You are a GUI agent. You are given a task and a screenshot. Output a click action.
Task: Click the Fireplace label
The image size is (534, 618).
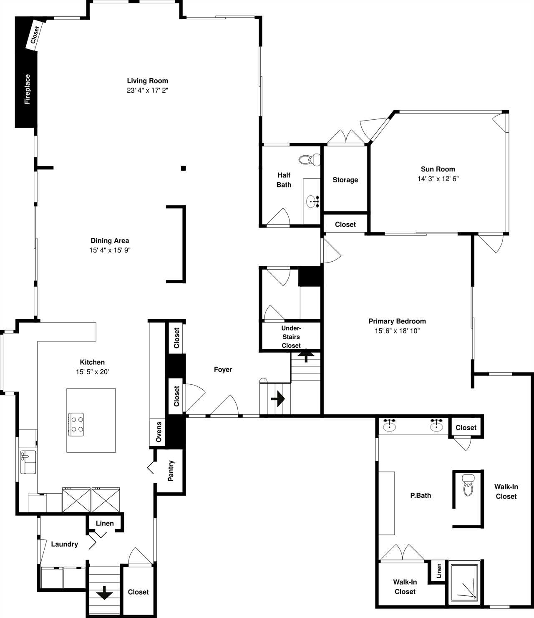pyautogui.click(x=27, y=89)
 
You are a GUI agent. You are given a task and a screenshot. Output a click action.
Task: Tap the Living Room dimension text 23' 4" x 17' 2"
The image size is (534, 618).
pyautogui.click(x=147, y=90)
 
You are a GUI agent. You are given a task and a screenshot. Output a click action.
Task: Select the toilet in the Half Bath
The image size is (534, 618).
pyautogui.click(x=309, y=160)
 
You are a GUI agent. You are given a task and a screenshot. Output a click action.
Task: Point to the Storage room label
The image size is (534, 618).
pyautogui.click(x=345, y=180)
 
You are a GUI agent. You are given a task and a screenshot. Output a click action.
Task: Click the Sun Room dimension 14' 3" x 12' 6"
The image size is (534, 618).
pyautogui.click(x=438, y=179)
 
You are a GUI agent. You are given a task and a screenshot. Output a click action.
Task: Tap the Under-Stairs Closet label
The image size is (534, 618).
pyautogui.click(x=291, y=337)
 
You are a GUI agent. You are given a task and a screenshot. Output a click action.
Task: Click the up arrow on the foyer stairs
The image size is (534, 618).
pyautogui.click(x=306, y=356)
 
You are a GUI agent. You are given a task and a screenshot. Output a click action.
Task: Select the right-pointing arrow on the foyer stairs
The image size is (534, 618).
pyautogui.click(x=278, y=399)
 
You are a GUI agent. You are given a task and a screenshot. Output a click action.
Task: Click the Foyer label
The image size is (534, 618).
pyautogui.click(x=223, y=370)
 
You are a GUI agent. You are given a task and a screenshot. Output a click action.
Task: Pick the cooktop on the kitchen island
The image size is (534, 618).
pyautogui.click(x=76, y=424)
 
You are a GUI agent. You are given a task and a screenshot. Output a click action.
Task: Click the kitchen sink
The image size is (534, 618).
pyautogui.click(x=28, y=462)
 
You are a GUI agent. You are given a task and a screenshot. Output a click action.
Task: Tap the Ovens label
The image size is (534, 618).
pyautogui.click(x=159, y=432)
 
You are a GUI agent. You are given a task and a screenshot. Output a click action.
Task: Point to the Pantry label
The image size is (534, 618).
pyautogui.click(x=171, y=471)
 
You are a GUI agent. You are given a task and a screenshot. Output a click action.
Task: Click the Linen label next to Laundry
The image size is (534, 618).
pyautogui.click(x=105, y=523)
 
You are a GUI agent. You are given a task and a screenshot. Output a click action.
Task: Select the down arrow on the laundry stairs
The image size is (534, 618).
pyautogui.click(x=104, y=593)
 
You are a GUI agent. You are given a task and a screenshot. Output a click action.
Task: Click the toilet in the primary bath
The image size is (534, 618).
pyautogui.click(x=468, y=485)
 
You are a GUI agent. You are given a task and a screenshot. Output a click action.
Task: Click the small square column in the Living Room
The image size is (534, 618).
pyautogui.click(x=183, y=168)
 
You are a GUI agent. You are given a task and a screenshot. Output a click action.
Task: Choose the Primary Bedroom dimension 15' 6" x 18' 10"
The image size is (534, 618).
pyautogui.click(x=397, y=331)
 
